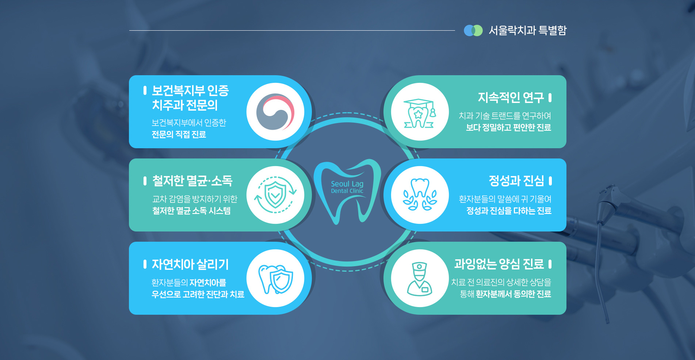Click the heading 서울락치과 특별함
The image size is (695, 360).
pyautogui.click(x=527, y=30)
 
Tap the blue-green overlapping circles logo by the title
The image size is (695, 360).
pyautogui.click(x=473, y=31)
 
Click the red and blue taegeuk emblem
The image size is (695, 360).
pyautogui.click(x=275, y=112)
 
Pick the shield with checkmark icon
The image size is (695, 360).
pyautogui.click(x=275, y=195)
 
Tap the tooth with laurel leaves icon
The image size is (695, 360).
pyautogui.click(x=420, y=195)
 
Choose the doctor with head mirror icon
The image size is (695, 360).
pyautogui.click(x=420, y=278)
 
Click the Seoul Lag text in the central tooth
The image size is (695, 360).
pyautogui.click(x=347, y=184)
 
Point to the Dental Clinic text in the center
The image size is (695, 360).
pyautogui.click(x=347, y=191)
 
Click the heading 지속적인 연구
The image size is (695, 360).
pyautogui.click(x=511, y=97)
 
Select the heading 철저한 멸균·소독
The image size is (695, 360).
pyautogui.click(x=192, y=181)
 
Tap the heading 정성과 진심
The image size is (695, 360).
pyautogui.click(x=516, y=181)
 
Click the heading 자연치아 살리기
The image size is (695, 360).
pyautogui.click(x=190, y=264)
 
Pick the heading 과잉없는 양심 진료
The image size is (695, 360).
pyautogui.click(x=499, y=264)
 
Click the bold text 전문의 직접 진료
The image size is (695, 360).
pyautogui.click(x=179, y=134)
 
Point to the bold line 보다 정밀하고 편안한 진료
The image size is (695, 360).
pyautogui.click(x=508, y=127)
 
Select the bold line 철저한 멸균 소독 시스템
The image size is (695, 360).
pyautogui.click(x=191, y=211)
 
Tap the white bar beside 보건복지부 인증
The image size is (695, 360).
pyautogui.click(x=145, y=90)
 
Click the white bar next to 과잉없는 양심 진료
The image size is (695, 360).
pyautogui.click(x=550, y=264)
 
